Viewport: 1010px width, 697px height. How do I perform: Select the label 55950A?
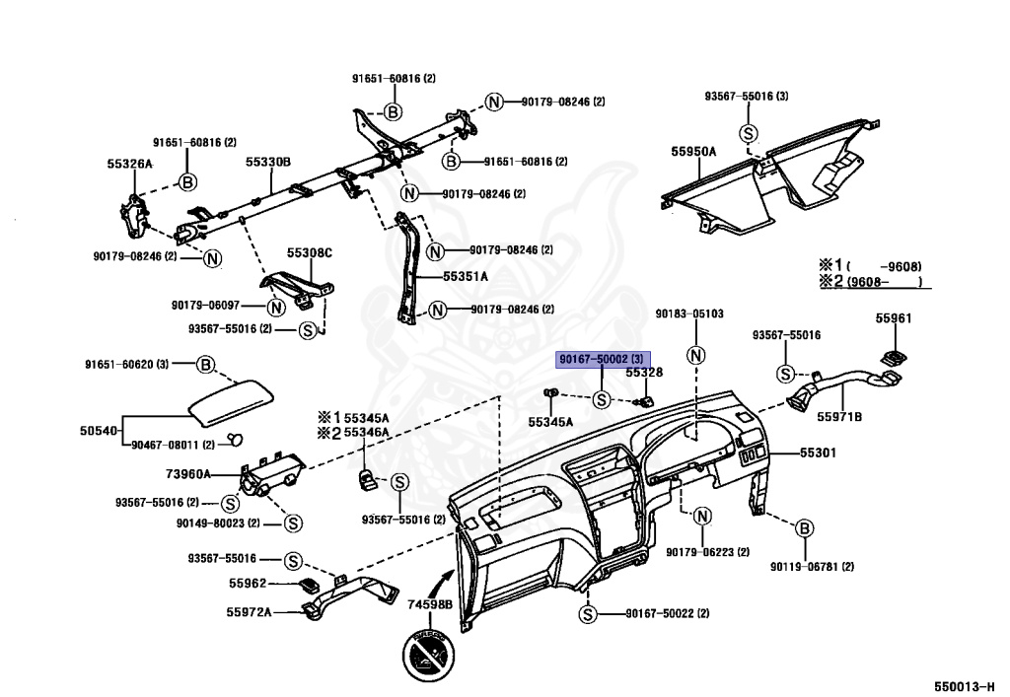[x=693, y=151]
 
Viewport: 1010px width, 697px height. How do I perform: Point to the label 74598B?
[x=430, y=603]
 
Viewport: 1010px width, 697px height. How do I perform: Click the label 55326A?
[x=129, y=163]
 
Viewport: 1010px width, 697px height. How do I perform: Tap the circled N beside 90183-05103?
[x=697, y=356]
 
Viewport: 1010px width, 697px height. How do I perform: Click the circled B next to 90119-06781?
[x=803, y=529]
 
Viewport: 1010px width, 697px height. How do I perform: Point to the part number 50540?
[x=99, y=431]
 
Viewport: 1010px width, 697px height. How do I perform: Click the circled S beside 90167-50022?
[x=587, y=613]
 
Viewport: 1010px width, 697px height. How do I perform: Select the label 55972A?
[x=249, y=612]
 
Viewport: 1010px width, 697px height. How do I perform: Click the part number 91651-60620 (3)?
[x=129, y=364]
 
